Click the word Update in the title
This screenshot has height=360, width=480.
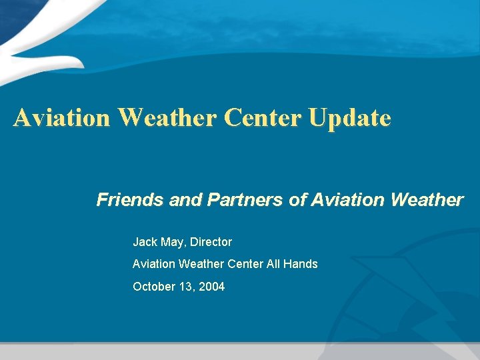pyautogui.click(x=349, y=118)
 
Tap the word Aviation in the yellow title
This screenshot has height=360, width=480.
pyautogui.click(x=61, y=118)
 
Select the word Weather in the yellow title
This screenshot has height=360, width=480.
pyautogui.click(x=167, y=118)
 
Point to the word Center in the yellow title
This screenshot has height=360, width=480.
pyautogui.click(x=263, y=118)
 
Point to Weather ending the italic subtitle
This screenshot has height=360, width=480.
pyautogui.click(x=426, y=200)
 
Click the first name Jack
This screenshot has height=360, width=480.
pyautogui.click(x=145, y=242)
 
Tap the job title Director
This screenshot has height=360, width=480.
pyautogui.click(x=211, y=242)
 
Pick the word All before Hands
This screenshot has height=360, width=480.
pyautogui.click(x=273, y=264)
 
